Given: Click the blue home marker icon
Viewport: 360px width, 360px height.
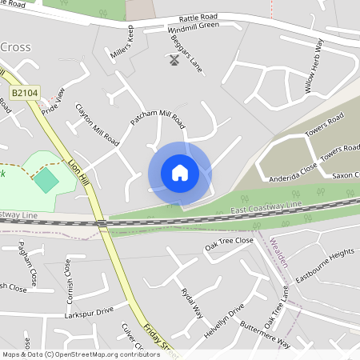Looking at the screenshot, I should click(179, 172).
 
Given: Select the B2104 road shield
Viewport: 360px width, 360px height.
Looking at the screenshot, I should click(24, 94).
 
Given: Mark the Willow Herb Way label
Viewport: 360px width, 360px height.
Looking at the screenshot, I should click(314, 66).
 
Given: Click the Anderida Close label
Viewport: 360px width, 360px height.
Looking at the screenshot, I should click(294, 174).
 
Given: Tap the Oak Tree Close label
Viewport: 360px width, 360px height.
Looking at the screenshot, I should click(229, 243).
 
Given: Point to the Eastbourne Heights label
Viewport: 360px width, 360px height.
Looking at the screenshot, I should click(325, 265).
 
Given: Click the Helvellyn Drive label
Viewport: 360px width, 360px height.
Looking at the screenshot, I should click(225, 318).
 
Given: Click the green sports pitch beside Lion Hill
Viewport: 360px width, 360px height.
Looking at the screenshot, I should click(46, 179).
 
